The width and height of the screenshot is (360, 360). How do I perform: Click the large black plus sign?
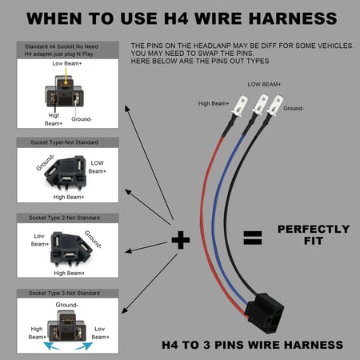click(x=180, y=238)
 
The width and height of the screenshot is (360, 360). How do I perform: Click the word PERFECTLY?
click(x=313, y=229)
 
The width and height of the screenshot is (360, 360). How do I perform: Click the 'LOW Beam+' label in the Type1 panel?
click(x=96, y=166)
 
